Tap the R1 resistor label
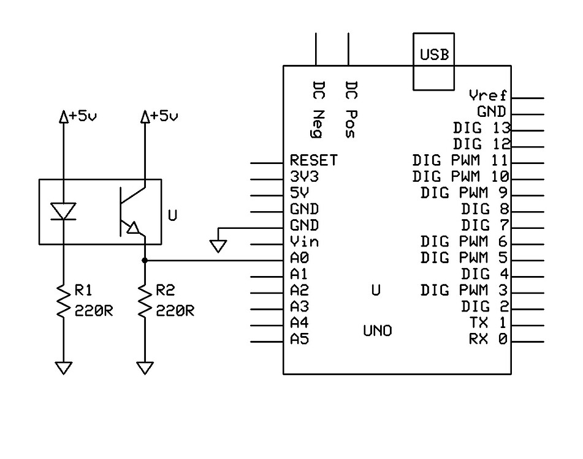point(84,289)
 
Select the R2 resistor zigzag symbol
point(145,300)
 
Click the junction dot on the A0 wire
point(145,261)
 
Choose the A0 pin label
point(299,258)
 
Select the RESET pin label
point(313,160)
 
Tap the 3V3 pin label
point(305,177)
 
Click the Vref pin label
point(487,95)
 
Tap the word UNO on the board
point(378,331)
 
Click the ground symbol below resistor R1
point(63,367)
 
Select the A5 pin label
point(299,339)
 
